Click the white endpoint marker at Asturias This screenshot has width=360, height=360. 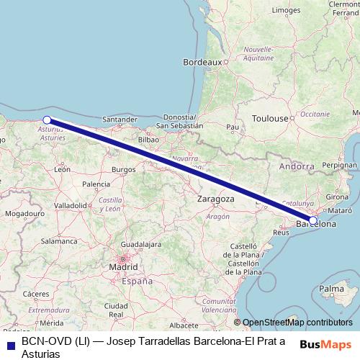(47, 120)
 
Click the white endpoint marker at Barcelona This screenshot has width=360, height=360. (313, 220)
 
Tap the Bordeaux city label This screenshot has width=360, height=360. (202, 63)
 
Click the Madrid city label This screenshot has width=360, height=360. (123, 266)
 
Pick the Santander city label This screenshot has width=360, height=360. (120, 120)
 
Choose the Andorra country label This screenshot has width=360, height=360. (297, 166)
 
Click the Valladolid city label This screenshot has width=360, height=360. (71, 205)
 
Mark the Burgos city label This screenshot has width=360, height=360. (123, 170)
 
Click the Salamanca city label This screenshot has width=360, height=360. (59, 241)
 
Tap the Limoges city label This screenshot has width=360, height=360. (286, 11)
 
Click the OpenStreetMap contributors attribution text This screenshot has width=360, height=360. (297, 323)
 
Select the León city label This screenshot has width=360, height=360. (62, 170)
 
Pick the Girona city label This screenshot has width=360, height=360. (338, 197)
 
